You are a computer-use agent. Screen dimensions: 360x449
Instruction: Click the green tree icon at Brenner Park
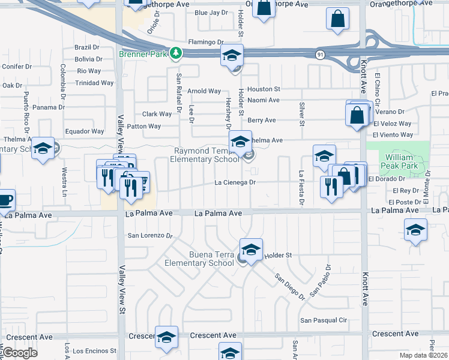175,54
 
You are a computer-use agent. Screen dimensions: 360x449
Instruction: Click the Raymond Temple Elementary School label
200,155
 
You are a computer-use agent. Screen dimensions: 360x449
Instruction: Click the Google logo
19,353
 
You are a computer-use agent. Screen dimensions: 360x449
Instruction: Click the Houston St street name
260,89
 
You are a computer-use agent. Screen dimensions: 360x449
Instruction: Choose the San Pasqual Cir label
324,320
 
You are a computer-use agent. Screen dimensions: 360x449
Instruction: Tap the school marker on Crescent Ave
166,338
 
